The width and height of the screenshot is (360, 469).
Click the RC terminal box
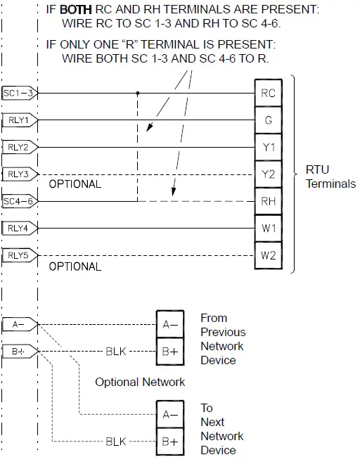point(268,93)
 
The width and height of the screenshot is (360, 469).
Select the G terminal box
point(268,120)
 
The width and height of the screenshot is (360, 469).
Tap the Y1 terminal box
point(268,147)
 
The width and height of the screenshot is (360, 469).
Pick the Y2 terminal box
point(268,174)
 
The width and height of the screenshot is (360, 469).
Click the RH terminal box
point(268,201)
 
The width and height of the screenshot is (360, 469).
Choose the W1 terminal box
point(268,228)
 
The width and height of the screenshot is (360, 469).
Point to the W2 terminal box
point(268,255)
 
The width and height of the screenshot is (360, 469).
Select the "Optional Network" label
point(140,382)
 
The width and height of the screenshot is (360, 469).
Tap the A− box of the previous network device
point(169,324)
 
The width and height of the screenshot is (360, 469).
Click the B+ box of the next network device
point(169,442)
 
